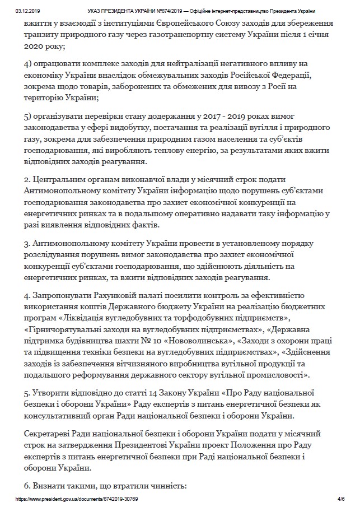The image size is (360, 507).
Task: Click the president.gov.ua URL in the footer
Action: click(77, 498)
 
